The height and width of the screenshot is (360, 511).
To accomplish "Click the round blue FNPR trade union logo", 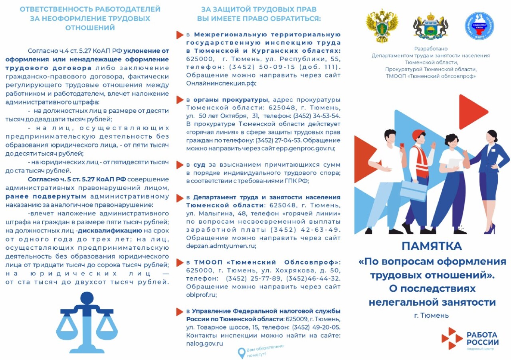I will [x=479, y=26].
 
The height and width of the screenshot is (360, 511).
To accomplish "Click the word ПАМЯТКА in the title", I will [x=432, y=246].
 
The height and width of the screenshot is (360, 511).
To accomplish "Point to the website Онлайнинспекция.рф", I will [x=221, y=84].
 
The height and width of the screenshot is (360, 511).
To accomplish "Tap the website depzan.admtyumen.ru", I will [x=221, y=246].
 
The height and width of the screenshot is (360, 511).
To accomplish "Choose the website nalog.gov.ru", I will [x=204, y=343].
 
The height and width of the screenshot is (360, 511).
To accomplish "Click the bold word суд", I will [x=199, y=165].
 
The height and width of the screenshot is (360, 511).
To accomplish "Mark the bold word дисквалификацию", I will [x=110, y=231].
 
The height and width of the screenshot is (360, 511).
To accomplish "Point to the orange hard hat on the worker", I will [x=418, y=135].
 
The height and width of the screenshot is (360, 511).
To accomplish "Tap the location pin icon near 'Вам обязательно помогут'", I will [x=241, y=352].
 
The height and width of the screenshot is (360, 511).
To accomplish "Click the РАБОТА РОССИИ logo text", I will [x=482, y=338].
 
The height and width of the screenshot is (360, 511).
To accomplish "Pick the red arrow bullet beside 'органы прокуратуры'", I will [x=180, y=100].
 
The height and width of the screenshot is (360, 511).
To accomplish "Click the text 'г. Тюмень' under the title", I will [x=431, y=315].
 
